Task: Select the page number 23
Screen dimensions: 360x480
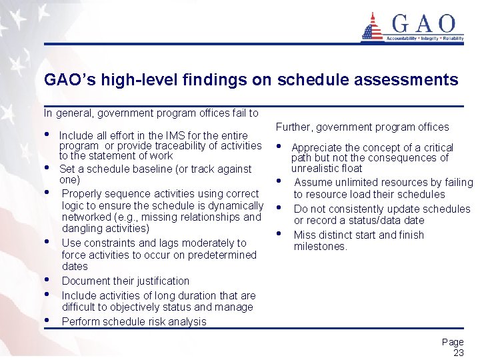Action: (458, 353)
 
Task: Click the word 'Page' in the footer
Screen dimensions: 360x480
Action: (453, 342)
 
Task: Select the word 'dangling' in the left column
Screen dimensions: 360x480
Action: (82, 228)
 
